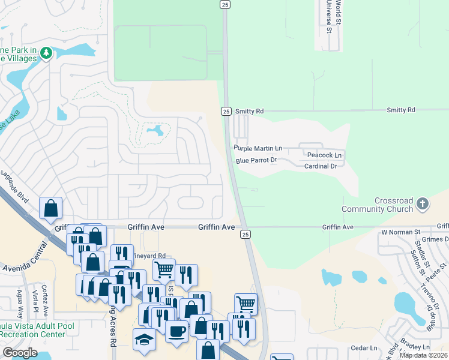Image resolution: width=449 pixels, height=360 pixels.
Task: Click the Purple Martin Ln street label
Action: (x=258, y=148)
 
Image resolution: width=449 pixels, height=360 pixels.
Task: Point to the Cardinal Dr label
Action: (x=321, y=166)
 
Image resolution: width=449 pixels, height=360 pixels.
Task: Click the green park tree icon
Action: (x=46, y=54)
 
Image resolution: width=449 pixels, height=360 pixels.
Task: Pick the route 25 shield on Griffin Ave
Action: (x=244, y=233)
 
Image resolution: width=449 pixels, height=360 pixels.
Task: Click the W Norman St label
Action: (x=400, y=232)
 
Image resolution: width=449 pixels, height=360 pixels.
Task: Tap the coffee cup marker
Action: (x=176, y=331)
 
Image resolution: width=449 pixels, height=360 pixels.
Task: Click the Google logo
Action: (x=20, y=353)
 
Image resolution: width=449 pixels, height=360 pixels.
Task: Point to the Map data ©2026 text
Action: (x=423, y=355)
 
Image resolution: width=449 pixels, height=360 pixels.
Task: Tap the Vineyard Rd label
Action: (x=153, y=256)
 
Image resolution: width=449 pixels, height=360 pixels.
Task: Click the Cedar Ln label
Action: (x=364, y=347)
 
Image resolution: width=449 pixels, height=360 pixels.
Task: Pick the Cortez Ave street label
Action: (x=45, y=300)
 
